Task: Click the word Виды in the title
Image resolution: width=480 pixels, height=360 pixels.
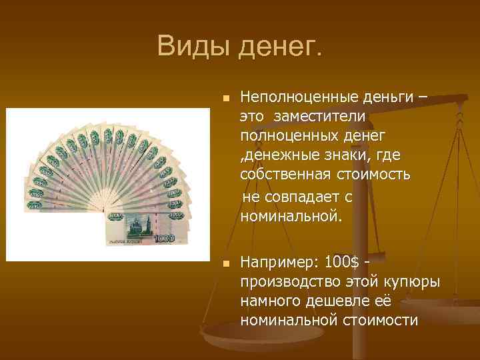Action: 193,46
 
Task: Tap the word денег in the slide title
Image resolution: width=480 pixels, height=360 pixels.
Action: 279,48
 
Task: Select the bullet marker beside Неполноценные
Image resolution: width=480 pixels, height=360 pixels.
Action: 225,99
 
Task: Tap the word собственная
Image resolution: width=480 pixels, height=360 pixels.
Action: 287,175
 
